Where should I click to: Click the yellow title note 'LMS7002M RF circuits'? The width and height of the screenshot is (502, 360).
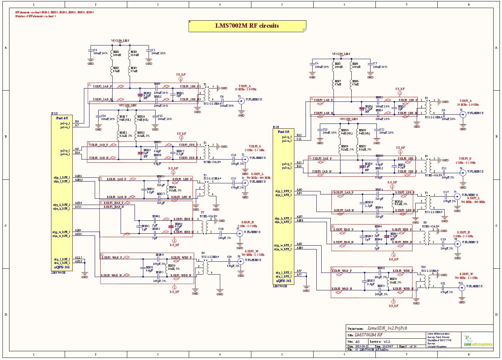tap(247, 26)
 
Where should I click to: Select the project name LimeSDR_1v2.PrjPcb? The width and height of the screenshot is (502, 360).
tap(387, 328)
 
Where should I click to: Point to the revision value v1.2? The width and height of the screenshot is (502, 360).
tap(386, 341)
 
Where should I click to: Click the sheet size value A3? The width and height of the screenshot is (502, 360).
tap(357, 341)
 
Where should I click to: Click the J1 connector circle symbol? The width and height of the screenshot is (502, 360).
tap(241, 101)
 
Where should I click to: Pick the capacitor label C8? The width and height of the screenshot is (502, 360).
tap(222, 97)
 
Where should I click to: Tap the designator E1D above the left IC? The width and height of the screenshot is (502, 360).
tap(55, 113)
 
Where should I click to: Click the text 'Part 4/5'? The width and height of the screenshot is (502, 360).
tap(62, 118)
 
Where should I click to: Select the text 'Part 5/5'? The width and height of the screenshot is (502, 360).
tap(283, 132)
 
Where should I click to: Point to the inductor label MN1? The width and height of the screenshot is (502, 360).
tap(116, 52)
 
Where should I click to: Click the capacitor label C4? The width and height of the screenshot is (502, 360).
tap(95, 50)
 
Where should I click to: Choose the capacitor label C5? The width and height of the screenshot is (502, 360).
tap(153, 50)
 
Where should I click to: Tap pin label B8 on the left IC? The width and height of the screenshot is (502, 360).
tap(77, 121)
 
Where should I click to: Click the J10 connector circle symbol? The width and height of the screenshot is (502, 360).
tap(462, 288)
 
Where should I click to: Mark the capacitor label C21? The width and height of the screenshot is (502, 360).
tap(443, 283)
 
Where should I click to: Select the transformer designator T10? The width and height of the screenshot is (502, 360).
tap(423, 267)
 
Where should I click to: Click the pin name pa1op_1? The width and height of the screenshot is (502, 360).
tap(65, 123)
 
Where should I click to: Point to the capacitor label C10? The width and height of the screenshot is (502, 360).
tap(103, 116)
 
